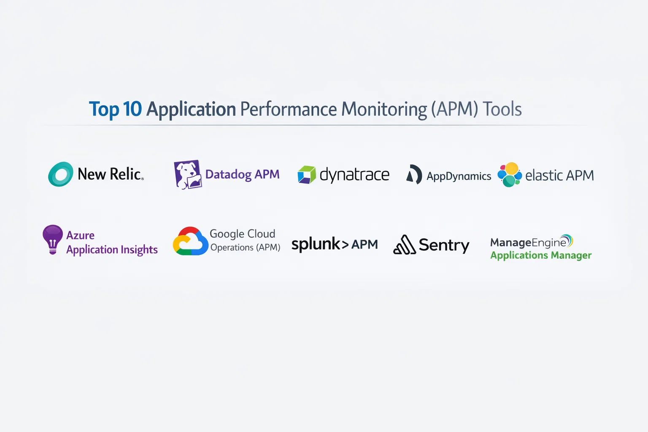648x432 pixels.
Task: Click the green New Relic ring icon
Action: click(x=61, y=174)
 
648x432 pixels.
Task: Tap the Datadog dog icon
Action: click(x=187, y=175)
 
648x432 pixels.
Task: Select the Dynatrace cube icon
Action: click(x=307, y=175)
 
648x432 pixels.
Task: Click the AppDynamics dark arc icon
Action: click(x=414, y=175)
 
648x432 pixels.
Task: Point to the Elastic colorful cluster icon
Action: click(x=509, y=175)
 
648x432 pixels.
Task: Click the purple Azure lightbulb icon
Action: click(x=53, y=239)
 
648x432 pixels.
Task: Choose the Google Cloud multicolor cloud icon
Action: click(x=190, y=241)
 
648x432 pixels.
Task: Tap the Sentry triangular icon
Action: click(x=404, y=245)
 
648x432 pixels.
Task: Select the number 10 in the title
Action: click(x=132, y=109)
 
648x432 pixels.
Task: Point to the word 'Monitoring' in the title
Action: click(x=384, y=110)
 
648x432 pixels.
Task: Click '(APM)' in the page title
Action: click(x=454, y=109)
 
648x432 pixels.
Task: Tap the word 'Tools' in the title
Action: click(x=502, y=109)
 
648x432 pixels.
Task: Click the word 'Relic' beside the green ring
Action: click(x=126, y=174)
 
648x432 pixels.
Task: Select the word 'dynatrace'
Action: click(x=354, y=175)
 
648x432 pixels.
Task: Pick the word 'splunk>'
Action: click(x=320, y=244)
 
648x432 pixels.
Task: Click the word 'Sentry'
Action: click(x=444, y=245)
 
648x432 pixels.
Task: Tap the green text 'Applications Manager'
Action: click(x=541, y=256)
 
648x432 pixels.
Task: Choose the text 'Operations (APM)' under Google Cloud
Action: click(x=245, y=248)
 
